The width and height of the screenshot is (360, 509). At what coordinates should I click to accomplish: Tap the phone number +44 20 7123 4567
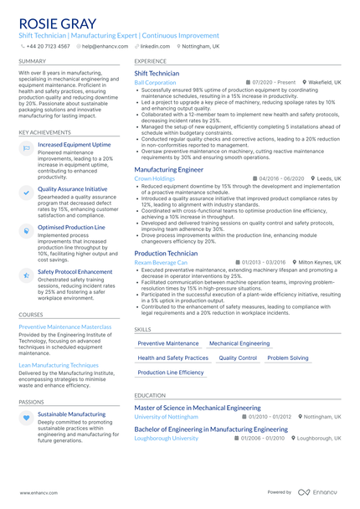(x=49, y=47)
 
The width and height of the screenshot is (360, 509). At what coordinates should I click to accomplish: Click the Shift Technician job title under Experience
(x=157, y=74)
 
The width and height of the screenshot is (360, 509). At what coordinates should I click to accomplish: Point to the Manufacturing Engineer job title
(x=168, y=169)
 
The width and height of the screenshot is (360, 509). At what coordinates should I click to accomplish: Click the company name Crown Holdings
(x=155, y=178)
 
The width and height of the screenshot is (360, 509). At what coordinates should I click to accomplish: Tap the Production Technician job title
(x=166, y=252)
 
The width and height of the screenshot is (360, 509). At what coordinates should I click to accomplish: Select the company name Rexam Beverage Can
(x=161, y=262)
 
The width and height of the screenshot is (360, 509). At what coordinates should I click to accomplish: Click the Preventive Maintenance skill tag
(x=168, y=343)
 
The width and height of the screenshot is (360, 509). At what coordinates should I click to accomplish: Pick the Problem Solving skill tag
(x=288, y=357)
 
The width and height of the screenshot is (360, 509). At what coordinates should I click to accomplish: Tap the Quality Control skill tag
(x=238, y=357)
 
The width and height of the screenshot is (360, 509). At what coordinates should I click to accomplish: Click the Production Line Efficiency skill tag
(x=171, y=372)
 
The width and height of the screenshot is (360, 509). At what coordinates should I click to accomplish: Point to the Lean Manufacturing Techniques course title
(x=59, y=365)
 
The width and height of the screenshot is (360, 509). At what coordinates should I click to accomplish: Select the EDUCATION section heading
(x=150, y=395)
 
